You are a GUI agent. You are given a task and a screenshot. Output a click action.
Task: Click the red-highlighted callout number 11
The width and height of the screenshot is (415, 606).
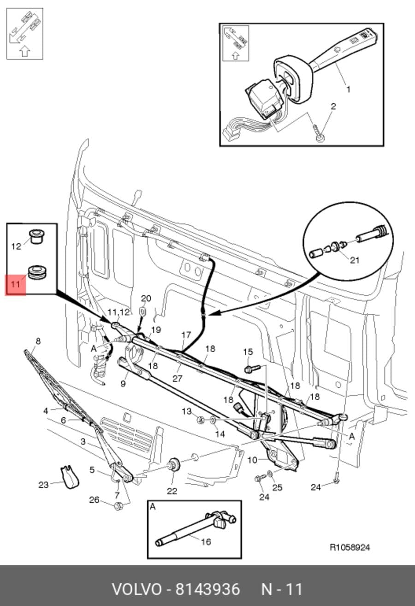pyautogui.click(x=15, y=284)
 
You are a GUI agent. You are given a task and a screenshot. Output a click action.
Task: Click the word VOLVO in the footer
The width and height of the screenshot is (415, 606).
pyautogui.click(x=137, y=589)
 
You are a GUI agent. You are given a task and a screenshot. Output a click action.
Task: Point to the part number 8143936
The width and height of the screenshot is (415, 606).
pyautogui.click(x=207, y=589)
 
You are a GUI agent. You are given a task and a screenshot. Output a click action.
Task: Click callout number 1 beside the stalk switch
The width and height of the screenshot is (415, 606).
pyautogui.click(x=349, y=89)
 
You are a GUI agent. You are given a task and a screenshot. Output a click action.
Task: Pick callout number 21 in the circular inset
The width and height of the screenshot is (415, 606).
pyautogui.click(x=355, y=260)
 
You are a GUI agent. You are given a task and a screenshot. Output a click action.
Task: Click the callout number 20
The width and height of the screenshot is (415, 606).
pyautogui.click(x=146, y=299)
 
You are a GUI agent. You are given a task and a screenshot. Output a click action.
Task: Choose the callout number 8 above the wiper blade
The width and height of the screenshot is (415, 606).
pyautogui.click(x=38, y=341)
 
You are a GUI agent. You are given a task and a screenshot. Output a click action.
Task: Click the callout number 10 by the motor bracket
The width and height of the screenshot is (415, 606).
pyautogui.click(x=252, y=460)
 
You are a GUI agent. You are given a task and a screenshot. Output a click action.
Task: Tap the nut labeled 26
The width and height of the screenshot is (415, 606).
pyautogui.click(x=118, y=506)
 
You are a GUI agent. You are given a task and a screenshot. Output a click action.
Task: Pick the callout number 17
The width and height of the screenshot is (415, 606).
pyautogui.click(x=186, y=335)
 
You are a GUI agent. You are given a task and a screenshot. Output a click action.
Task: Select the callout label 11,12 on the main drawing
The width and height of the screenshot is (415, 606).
pyautogui.click(x=119, y=312)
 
